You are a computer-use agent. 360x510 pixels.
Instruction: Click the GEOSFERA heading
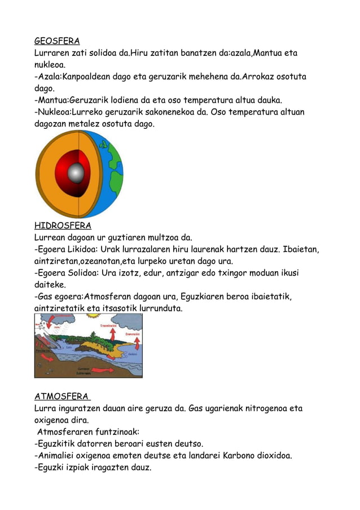[x=57, y=41]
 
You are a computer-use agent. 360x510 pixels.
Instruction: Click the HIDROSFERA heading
[x=63, y=225]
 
